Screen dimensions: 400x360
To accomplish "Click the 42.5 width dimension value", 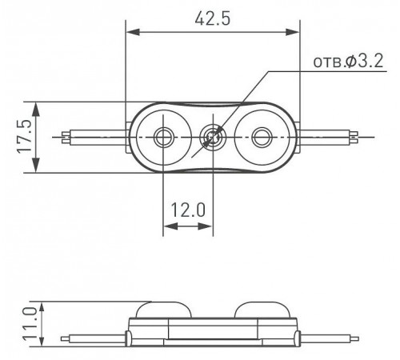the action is click(212, 19).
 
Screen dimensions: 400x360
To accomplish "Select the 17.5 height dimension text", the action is click(24, 137).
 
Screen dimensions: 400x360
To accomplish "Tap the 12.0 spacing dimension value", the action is click(188, 210).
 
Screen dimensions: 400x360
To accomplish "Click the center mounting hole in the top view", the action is click(213, 137).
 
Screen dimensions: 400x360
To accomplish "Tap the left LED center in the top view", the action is click(162, 137).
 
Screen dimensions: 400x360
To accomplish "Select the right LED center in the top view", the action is click(262, 137).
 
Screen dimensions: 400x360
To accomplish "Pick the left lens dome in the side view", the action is click(164, 310).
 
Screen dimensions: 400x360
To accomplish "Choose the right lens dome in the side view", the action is click(262, 310).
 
